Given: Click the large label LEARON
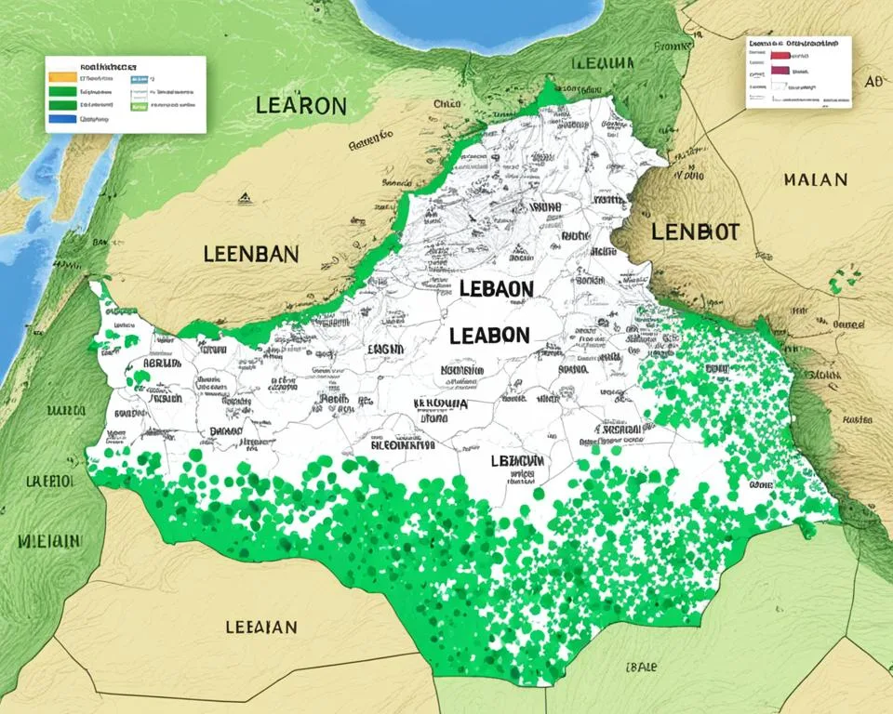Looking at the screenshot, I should pyautogui.click(x=300, y=105).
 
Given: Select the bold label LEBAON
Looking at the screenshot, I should pyautogui.click(x=496, y=289).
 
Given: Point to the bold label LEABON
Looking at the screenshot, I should pyautogui.click(x=489, y=336).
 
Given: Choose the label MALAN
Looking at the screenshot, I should pyautogui.click(x=815, y=178).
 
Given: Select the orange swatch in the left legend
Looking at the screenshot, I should pyautogui.click(x=61, y=78).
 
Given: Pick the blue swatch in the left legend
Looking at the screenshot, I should pyautogui.click(x=61, y=119).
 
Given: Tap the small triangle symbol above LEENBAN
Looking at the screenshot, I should pyautogui.click(x=243, y=197).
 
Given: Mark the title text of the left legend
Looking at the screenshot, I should pyautogui.click(x=109, y=68).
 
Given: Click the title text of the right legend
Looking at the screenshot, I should pyautogui.click(x=799, y=43).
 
